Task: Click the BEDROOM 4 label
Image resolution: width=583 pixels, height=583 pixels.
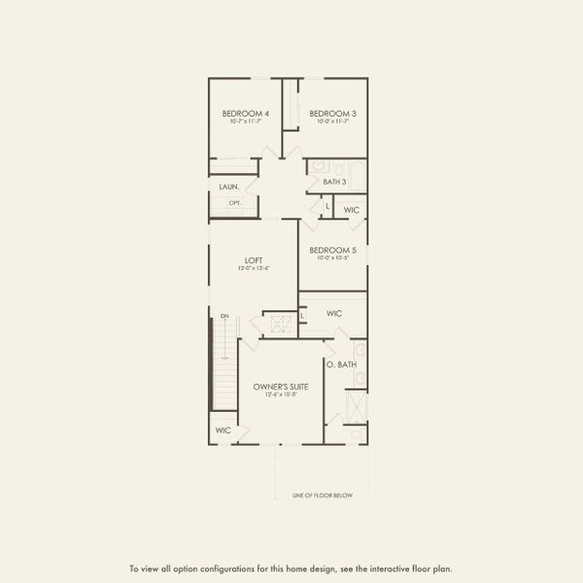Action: (x=245, y=114)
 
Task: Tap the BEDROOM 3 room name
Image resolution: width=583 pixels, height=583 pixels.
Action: (x=332, y=114)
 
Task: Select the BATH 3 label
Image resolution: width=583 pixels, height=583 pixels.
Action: (x=335, y=182)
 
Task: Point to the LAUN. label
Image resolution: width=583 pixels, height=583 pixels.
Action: (x=228, y=186)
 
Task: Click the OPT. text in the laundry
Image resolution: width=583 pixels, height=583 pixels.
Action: (x=234, y=203)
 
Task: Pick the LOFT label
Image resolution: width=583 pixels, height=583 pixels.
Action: (x=254, y=259)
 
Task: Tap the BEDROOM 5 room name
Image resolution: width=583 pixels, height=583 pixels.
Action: (x=332, y=250)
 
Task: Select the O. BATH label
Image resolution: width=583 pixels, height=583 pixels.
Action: (x=341, y=364)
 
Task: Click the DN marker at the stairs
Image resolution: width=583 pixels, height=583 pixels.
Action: (x=224, y=317)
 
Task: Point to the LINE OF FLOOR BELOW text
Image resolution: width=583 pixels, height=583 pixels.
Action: (x=323, y=496)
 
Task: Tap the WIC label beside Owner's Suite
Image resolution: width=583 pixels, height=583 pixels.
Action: (x=223, y=429)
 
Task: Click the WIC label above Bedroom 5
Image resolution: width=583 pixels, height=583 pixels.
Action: (x=351, y=209)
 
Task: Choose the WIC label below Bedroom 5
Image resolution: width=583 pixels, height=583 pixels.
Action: (x=334, y=314)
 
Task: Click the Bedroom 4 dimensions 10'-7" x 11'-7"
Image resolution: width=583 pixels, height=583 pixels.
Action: (x=245, y=122)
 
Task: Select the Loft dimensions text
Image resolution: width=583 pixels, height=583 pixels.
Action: (x=254, y=268)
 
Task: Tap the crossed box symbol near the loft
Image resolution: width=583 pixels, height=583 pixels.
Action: (x=279, y=325)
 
